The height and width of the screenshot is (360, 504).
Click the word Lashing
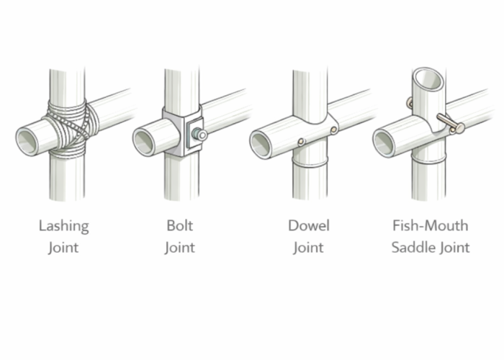[63, 225]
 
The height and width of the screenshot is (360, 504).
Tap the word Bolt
[179, 225]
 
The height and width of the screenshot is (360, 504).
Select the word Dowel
[308, 225]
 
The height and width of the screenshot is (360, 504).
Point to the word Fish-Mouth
[431, 225]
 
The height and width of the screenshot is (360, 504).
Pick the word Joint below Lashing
[63, 248]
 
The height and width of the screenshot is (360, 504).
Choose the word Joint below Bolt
[179, 248]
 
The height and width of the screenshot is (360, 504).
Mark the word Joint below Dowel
[308, 248]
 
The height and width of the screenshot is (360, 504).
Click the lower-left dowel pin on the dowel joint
[302, 141]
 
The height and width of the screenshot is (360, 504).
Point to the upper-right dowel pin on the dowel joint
[333, 130]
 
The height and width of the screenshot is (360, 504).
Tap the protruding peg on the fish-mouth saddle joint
[450, 124]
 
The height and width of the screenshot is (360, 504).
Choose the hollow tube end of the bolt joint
[145, 141]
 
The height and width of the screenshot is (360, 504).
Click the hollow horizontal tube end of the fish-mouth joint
[385, 143]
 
